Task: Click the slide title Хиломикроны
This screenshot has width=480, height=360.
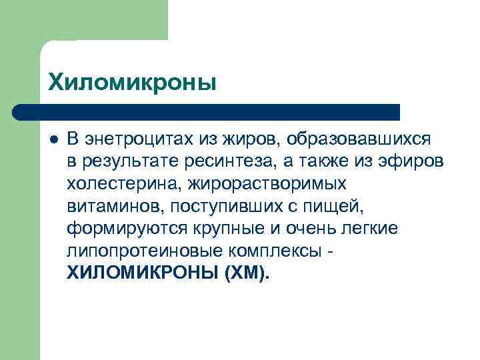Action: [132, 83]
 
